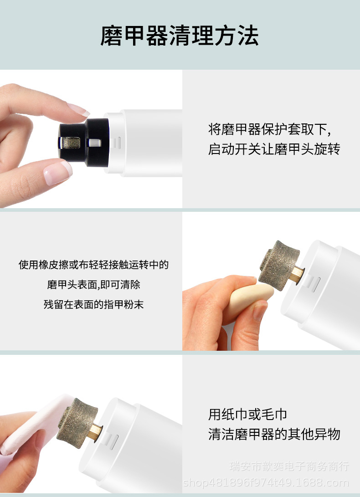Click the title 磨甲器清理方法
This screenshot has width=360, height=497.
pyautogui.click(x=180, y=36)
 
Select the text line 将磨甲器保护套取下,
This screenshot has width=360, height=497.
pyautogui.click(x=269, y=129)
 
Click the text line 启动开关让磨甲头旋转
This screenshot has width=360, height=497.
pyautogui.click(x=274, y=149)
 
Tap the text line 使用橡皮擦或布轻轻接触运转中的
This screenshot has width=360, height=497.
pyautogui.click(x=93, y=265)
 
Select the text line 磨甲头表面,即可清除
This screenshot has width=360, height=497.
pyautogui.click(x=93, y=285)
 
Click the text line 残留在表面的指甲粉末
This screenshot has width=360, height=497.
pyautogui.click(x=93, y=304)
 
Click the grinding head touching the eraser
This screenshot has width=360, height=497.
pyautogui.click(x=278, y=261)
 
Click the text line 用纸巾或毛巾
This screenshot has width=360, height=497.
pyautogui.click(x=248, y=415)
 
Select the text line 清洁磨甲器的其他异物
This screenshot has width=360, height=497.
pyautogui.click(x=274, y=434)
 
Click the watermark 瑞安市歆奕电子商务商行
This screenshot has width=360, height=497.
pyautogui.click(x=289, y=466)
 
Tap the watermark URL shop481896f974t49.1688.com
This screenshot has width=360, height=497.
pyautogui.click(x=266, y=483)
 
